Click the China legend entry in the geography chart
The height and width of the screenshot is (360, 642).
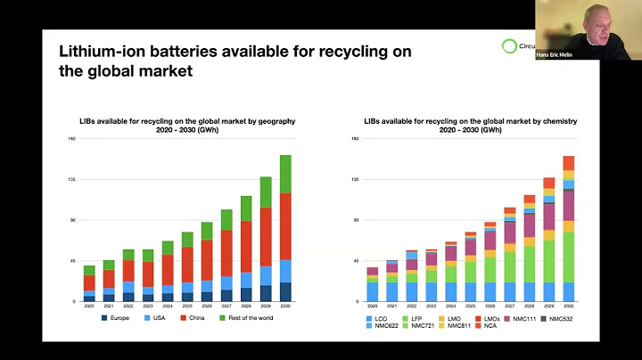click(x=197, y=317)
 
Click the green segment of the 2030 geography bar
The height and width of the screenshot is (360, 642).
click(x=285, y=174)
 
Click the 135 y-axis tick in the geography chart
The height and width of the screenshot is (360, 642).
click(x=73, y=179)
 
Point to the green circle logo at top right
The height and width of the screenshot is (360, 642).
click(x=509, y=46)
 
